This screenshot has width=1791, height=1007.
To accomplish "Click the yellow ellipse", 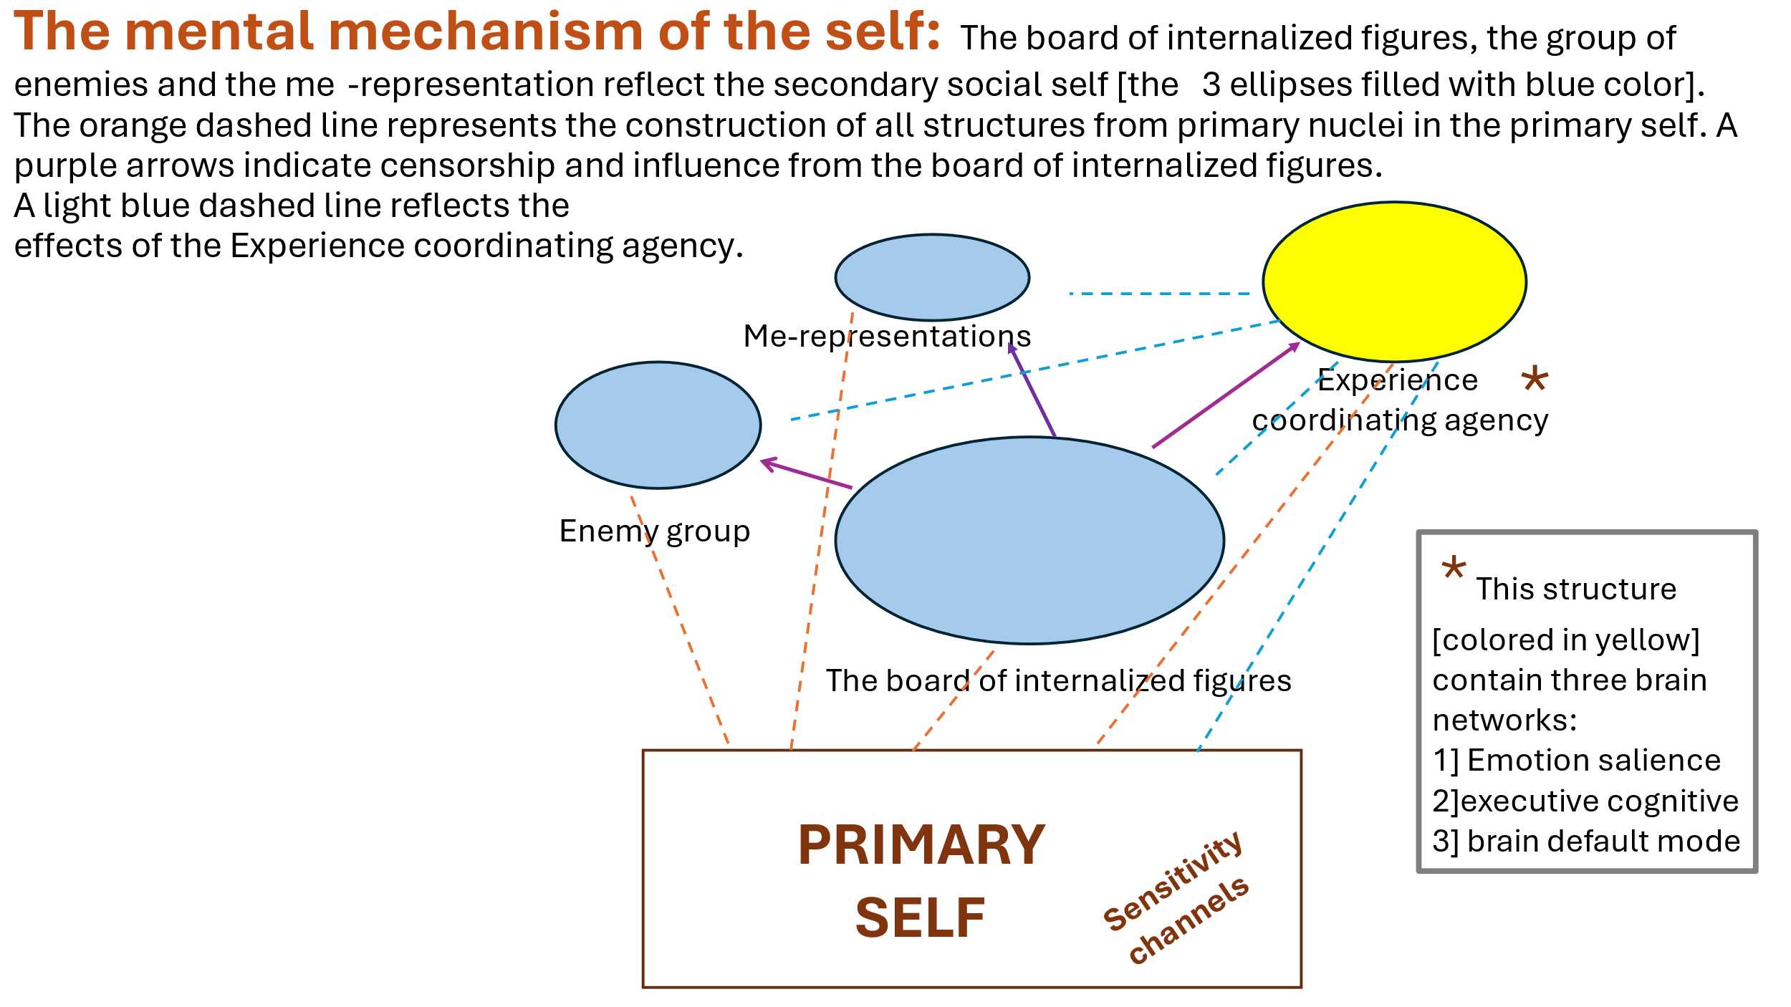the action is pyautogui.click(x=1394, y=281).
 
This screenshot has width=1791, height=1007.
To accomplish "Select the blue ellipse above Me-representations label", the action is pyautogui.click(x=932, y=277).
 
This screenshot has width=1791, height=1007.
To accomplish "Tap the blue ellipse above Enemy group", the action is pyautogui.click(x=658, y=425).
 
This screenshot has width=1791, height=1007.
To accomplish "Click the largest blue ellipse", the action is pyautogui.click(x=1029, y=540).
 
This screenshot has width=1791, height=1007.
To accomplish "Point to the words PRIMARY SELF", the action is pyautogui.click(x=921, y=880).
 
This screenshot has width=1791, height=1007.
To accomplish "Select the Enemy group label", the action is pyautogui.click(x=654, y=531).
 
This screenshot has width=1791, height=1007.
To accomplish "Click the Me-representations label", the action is pyautogui.click(x=887, y=336).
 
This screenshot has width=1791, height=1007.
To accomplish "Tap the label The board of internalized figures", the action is pyautogui.click(x=1058, y=680).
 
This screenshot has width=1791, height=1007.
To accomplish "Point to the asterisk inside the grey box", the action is pyautogui.click(x=1454, y=569).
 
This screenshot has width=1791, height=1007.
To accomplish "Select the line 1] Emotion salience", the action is pyautogui.click(x=1576, y=760).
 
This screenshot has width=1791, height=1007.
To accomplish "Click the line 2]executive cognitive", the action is pyautogui.click(x=1585, y=801).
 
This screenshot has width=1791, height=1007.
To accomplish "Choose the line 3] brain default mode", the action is pyautogui.click(x=1586, y=841).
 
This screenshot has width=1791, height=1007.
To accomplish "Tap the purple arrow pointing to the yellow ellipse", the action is pyautogui.click(x=1226, y=395).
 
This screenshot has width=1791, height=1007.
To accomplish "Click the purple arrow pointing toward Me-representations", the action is pyautogui.click(x=1032, y=389).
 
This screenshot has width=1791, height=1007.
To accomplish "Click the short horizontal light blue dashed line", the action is pyautogui.click(x=1159, y=294).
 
